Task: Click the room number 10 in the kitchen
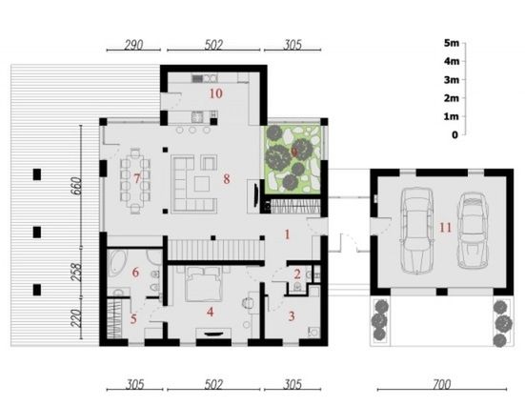pos(215,93)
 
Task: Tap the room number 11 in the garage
pos(445,228)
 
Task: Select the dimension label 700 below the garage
pos(441,385)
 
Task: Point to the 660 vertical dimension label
pos(76,186)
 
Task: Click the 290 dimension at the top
pos(133,45)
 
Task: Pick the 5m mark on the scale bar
pos(452,43)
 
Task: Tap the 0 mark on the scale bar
pos(454,135)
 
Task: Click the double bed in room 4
pos(204,284)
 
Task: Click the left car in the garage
pos(416,231)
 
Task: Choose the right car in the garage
pos(474,231)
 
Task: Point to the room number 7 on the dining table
pos(136,178)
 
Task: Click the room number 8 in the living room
pos(227,179)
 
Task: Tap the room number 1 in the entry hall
pos(287,234)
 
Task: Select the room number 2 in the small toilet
pos(297,274)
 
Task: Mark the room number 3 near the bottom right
pos(292,315)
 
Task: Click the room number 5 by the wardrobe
pos(133,319)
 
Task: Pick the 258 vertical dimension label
pos(76,273)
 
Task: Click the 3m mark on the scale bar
pos(452,80)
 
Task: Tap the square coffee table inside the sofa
pos(202,184)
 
